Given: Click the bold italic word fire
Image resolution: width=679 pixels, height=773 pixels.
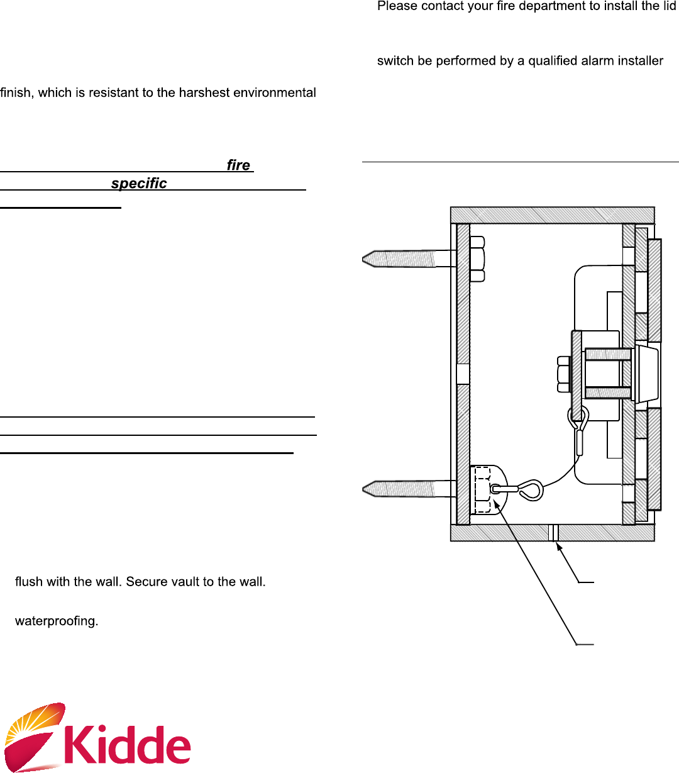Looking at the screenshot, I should (238, 165).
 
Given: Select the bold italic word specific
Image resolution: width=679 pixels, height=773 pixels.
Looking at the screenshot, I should (139, 184).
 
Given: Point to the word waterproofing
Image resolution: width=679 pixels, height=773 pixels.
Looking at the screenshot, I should (57, 621).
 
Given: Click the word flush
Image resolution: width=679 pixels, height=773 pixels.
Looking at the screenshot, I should (28, 582).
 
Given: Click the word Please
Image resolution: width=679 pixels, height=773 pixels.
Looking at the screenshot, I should (397, 7).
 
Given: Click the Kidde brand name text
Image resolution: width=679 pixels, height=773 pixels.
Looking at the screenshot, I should (128, 745).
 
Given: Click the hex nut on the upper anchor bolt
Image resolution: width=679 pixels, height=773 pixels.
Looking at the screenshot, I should (477, 258).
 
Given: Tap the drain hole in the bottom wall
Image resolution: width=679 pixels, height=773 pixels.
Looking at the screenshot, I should (553, 533).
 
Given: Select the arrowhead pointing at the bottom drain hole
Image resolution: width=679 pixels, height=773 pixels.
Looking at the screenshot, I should (559, 548).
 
